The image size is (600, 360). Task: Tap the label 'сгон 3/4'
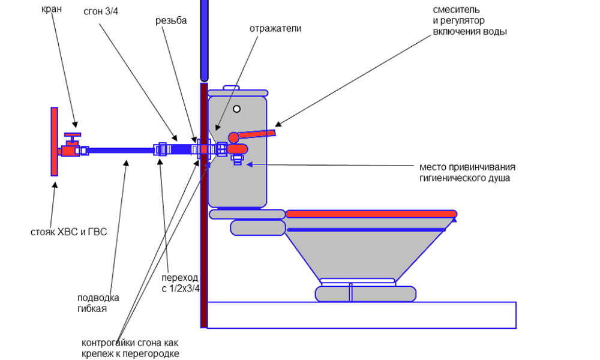tap(101, 13)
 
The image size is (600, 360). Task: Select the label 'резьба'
tap(171, 20)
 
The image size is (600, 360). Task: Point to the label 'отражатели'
tap(275, 28)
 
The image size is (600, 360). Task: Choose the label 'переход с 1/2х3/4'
tap(180, 283)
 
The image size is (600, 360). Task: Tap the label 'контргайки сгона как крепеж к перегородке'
tap(130, 348)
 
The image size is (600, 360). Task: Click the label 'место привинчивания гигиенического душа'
tap(467, 172)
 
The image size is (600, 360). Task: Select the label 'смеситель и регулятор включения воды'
tap(470, 21)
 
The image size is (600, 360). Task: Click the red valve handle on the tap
tap(73, 134)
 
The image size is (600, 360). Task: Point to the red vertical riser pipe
tap(54, 142)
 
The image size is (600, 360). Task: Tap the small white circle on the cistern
tap(237, 109)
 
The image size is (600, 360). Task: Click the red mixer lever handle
tap(255, 135)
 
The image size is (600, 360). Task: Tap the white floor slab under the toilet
tap(360, 315)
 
